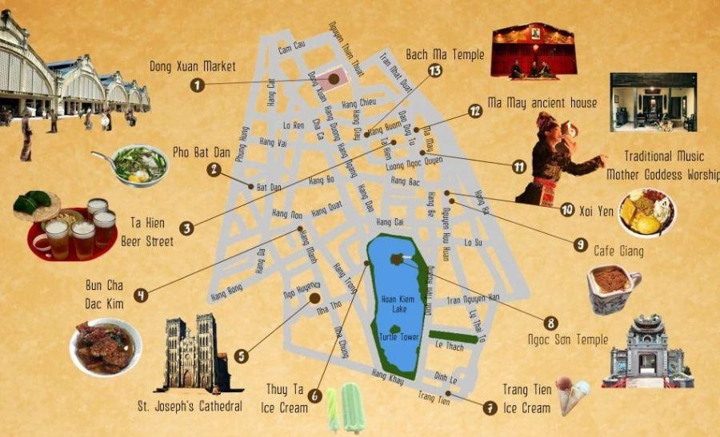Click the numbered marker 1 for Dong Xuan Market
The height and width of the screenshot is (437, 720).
point(198,83)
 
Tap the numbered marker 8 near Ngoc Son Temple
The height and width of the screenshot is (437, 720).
point(550,323)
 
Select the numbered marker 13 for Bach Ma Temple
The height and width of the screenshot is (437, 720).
point(434,70)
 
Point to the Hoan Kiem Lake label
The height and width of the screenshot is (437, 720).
point(395,304)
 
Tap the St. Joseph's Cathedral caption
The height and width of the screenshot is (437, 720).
point(190,407)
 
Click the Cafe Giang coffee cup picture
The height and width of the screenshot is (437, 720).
point(612,288)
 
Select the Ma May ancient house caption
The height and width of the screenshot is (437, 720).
point(542,103)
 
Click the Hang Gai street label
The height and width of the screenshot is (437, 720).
point(389,221)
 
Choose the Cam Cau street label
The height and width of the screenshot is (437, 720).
point(291,47)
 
